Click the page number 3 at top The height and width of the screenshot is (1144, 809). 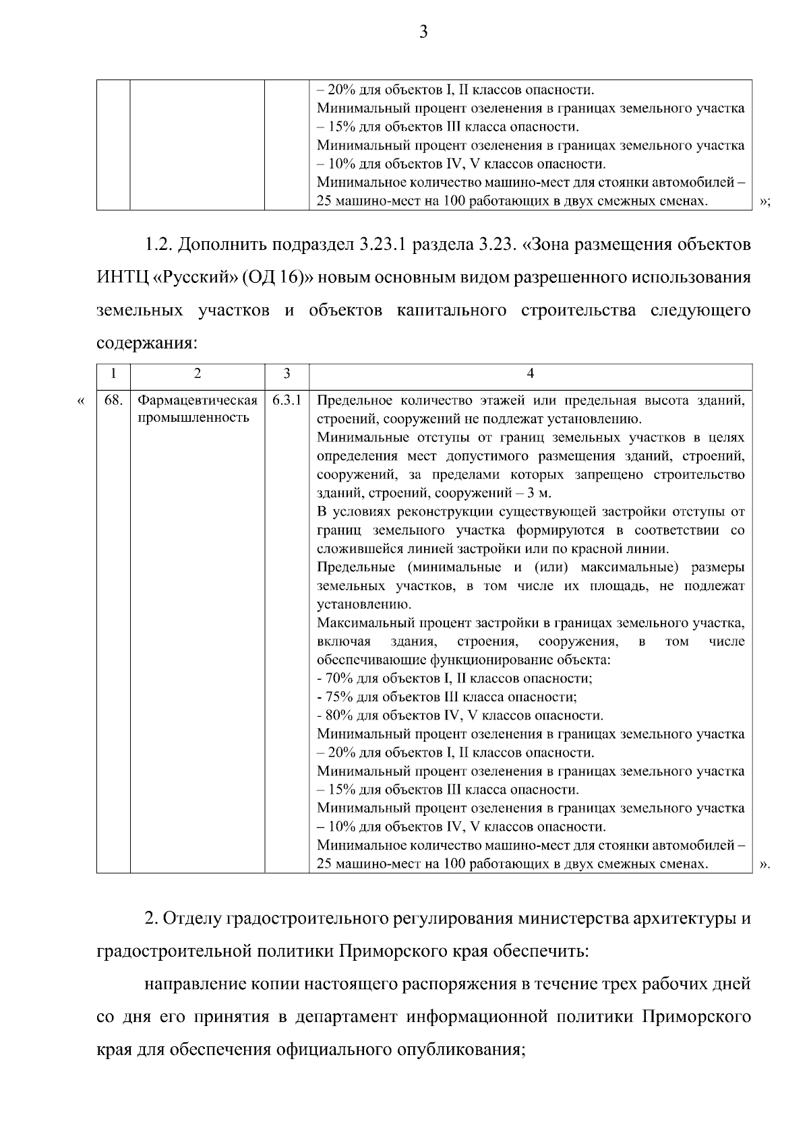pyautogui.click(x=423, y=32)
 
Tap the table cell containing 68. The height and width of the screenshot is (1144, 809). pyautogui.click(x=113, y=400)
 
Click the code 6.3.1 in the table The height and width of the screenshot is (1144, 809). pyautogui.click(x=287, y=400)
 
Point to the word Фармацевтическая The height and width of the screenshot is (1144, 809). pyautogui.click(x=198, y=401)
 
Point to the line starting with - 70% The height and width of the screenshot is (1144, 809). pyautogui.click(x=454, y=678)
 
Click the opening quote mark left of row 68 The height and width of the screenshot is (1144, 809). pyautogui.click(x=81, y=402)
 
